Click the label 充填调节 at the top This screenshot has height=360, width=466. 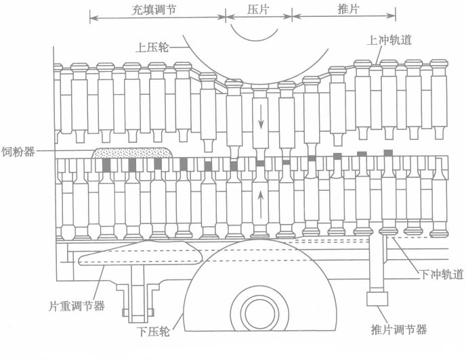tap(158, 7)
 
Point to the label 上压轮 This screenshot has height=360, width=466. tap(152, 47)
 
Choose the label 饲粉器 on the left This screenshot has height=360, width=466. tap(20, 152)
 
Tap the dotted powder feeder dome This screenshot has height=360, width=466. tap(130, 154)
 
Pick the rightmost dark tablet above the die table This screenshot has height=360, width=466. tap(388, 153)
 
